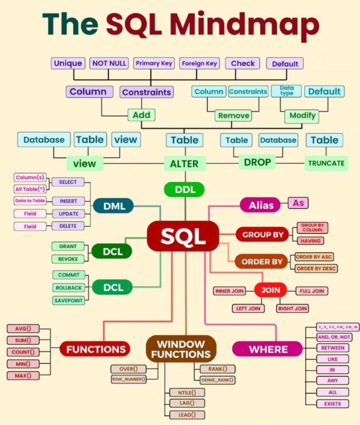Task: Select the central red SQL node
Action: coord(183,236)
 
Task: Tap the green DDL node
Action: coord(184,189)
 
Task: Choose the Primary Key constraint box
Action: coord(154,63)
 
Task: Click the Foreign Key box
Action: coord(199,63)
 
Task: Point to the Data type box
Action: coord(286,91)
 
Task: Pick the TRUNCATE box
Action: coord(326,163)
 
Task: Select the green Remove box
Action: coord(234,116)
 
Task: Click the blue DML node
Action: coord(114,206)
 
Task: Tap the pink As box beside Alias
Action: coord(298,203)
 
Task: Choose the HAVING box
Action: coord(311,240)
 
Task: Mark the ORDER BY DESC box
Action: coord(316,269)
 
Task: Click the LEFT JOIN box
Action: coord(248,309)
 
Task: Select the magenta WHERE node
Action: coord(268,349)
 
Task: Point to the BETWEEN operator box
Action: coord(332,348)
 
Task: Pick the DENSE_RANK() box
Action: coord(218,380)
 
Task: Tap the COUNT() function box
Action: coord(23,352)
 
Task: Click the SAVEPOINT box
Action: coord(68,300)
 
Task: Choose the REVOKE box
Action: coord(68,259)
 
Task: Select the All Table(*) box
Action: coord(30,189)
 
